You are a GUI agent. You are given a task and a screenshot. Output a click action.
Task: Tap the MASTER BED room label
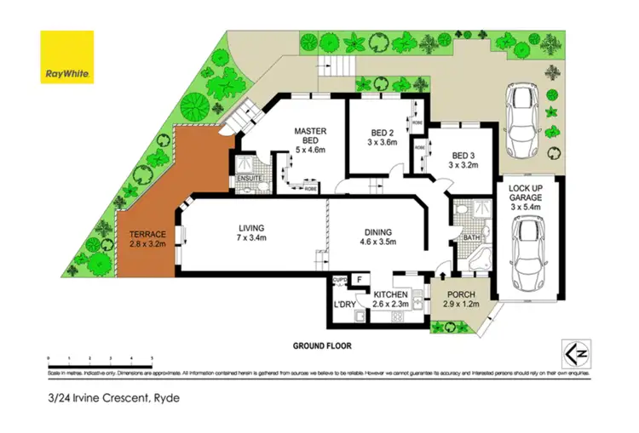(311, 137)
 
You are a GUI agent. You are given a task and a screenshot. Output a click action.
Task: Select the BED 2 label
(381, 138)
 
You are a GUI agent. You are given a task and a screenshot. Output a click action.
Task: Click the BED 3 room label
(463, 161)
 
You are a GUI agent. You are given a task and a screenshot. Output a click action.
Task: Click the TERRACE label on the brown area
(147, 240)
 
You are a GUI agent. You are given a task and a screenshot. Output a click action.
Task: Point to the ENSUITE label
(249, 179)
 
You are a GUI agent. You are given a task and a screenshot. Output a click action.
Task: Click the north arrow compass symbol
(573, 351)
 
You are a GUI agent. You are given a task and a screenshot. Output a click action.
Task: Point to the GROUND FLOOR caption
(321, 346)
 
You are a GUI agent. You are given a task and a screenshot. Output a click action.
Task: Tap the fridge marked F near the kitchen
(360, 279)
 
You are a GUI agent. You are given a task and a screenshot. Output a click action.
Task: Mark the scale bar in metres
(100, 360)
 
